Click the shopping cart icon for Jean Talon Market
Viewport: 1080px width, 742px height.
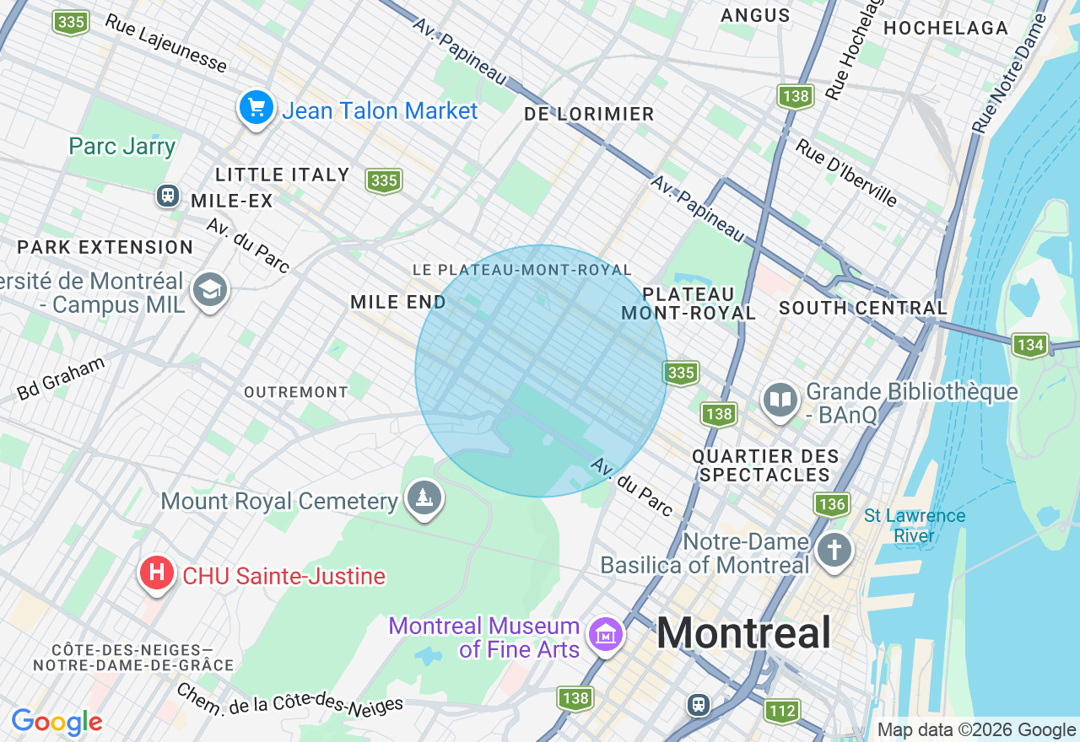pos(256,108)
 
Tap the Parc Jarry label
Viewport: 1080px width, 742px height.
pos(122,147)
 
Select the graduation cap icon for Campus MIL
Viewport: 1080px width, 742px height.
pos(209,290)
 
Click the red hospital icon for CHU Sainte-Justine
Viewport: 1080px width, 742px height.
pos(156,574)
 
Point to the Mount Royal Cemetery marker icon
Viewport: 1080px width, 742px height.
pos(424,498)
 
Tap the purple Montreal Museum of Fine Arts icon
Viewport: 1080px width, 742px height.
pos(606,633)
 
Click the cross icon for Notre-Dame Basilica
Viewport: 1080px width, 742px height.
pos(834,551)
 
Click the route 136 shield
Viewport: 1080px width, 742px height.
pos(831,505)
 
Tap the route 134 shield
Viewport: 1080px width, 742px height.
pos(1030,344)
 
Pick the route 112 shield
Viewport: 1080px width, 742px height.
pos(781,711)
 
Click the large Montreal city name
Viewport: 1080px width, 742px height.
pos(743,632)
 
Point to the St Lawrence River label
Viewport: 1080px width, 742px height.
pos(914,525)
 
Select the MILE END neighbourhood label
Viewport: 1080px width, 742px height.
pos(398,302)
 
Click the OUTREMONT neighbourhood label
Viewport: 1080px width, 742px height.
pos(296,392)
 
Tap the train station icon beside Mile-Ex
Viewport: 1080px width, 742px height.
pos(168,196)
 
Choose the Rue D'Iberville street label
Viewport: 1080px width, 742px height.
pos(845,172)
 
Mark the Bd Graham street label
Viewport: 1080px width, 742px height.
pos(61,378)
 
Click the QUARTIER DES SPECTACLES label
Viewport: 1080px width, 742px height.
pos(765,465)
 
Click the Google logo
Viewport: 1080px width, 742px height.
pos(57,723)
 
